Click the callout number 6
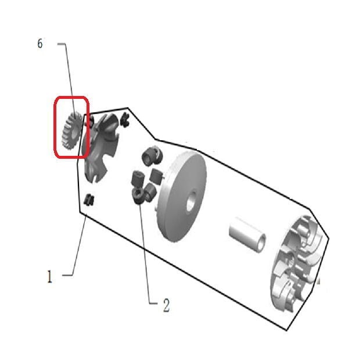click(x=40, y=44)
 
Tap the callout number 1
click(x=49, y=276)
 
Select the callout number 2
click(x=166, y=305)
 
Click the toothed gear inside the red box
click(x=71, y=131)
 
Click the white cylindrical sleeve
click(x=247, y=234)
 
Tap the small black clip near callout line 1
click(x=89, y=200)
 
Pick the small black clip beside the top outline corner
click(x=124, y=120)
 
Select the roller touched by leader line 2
click(x=138, y=196)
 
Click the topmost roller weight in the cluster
click(x=152, y=155)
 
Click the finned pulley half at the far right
click(x=299, y=262)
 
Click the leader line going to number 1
click(x=78, y=245)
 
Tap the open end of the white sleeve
click(x=261, y=243)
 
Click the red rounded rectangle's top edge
click(x=71, y=98)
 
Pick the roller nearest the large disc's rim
click(x=156, y=176)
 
